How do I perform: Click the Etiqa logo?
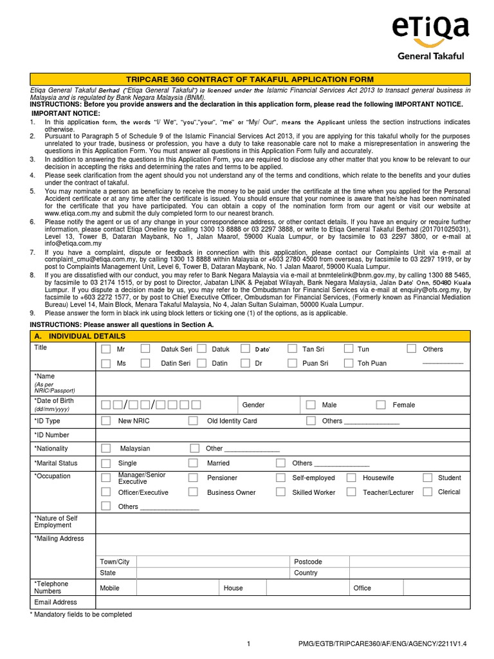click(x=430, y=37)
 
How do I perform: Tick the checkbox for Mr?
click(x=105, y=349)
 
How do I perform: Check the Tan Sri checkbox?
click(x=291, y=349)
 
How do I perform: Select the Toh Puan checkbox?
click(x=349, y=363)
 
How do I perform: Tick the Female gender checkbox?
click(x=381, y=405)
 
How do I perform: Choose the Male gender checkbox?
click(x=311, y=405)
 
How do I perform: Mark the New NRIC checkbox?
click(x=105, y=421)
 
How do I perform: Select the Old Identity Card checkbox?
click(x=193, y=421)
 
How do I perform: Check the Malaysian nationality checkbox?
click(x=105, y=449)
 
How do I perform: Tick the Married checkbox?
click(x=193, y=463)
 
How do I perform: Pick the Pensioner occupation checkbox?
click(x=193, y=478)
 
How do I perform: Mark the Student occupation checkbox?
click(x=427, y=478)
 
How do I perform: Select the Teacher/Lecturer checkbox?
click(x=351, y=492)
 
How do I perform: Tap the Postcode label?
click(x=307, y=562)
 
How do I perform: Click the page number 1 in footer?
click(x=250, y=644)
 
